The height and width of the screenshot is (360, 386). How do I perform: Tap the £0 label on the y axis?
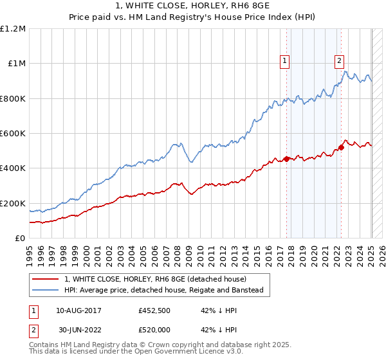[x=20, y=239]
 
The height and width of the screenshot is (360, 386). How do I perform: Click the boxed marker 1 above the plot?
[x=284, y=62]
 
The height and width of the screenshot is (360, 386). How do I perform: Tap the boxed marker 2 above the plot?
[x=339, y=62]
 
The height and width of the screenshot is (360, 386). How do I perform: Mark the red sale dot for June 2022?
[x=342, y=147]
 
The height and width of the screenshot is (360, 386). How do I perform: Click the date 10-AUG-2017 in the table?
[x=78, y=310]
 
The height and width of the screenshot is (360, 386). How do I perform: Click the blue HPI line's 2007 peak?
[x=174, y=143]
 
